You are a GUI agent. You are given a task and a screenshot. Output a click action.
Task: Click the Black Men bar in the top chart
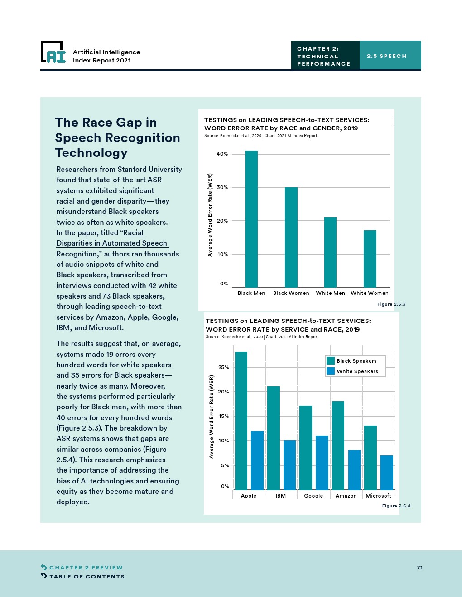tap(251, 219)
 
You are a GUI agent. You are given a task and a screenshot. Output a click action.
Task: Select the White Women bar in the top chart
tap(370, 258)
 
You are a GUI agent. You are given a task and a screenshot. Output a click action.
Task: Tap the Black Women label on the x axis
tap(291, 293)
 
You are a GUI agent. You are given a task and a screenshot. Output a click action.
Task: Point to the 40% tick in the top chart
tap(222, 154)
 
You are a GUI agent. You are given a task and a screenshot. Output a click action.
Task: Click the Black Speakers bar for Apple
tap(241, 421)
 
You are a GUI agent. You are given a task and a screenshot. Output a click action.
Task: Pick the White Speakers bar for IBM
tap(289, 464)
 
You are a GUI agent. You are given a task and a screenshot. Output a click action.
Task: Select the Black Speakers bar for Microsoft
tap(370, 457)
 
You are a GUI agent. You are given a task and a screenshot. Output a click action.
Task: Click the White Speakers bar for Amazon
tap(354, 469)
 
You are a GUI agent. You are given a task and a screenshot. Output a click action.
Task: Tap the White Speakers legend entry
tap(352, 371)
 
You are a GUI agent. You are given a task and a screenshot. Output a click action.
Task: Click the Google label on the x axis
tap(313, 496)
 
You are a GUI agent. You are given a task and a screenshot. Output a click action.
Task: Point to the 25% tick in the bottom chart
tap(224, 367)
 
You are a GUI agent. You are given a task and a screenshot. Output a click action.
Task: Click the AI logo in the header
tap(53, 52)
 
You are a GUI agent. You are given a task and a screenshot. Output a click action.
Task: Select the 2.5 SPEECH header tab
tap(387, 56)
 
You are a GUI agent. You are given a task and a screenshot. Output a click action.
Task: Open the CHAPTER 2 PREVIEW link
tap(86, 568)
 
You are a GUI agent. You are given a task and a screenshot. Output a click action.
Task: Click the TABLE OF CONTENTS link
tap(87, 577)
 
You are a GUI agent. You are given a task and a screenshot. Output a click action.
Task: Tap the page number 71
tap(420, 568)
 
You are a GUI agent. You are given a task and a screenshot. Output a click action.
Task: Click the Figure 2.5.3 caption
tap(391, 304)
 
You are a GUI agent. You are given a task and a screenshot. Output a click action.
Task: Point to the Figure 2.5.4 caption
tap(396, 506)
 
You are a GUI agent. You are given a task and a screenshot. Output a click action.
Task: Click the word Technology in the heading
tap(91, 153)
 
